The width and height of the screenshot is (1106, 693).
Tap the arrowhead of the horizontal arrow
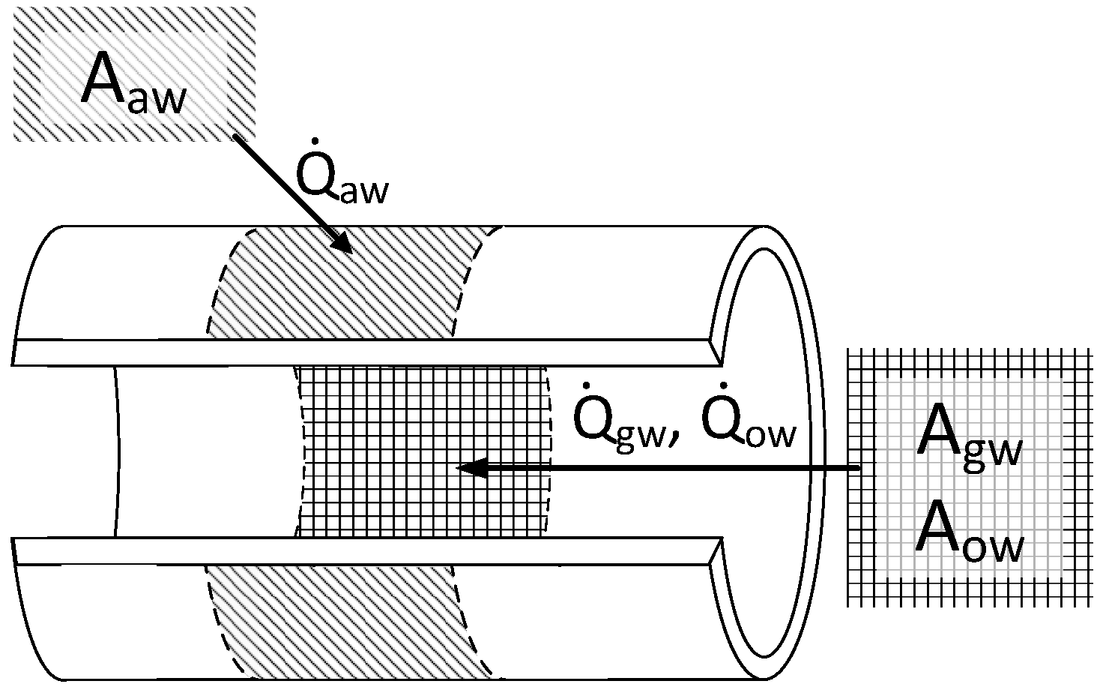click(x=468, y=469)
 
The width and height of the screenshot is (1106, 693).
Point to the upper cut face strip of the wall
click(x=360, y=352)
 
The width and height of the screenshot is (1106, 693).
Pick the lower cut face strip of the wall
click(x=360, y=551)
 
